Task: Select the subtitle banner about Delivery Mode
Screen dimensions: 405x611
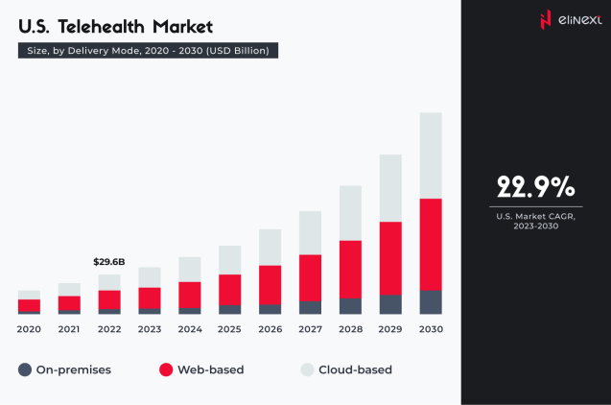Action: (149, 50)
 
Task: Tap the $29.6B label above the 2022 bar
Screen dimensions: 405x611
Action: (108, 261)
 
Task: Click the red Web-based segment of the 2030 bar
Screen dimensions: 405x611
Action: (431, 244)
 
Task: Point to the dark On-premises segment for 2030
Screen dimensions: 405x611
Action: (431, 302)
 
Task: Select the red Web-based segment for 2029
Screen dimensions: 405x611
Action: (390, 258)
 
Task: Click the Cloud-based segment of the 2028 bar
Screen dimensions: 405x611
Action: (350, 212)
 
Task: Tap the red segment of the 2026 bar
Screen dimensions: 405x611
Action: (270, 285)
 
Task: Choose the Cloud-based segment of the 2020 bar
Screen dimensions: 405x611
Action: (29, 295)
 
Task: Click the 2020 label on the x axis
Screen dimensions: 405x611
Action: (29, 329)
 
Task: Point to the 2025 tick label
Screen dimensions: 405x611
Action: (229, 329)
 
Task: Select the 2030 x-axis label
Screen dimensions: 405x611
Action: (431, 329)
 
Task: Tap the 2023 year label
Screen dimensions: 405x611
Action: (149, 329)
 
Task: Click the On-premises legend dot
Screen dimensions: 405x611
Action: (26, 369)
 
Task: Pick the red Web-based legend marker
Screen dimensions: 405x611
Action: (165, 369)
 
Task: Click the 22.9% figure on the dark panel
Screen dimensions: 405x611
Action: (535, 185)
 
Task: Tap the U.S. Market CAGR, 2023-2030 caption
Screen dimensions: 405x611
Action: (535, 222)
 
